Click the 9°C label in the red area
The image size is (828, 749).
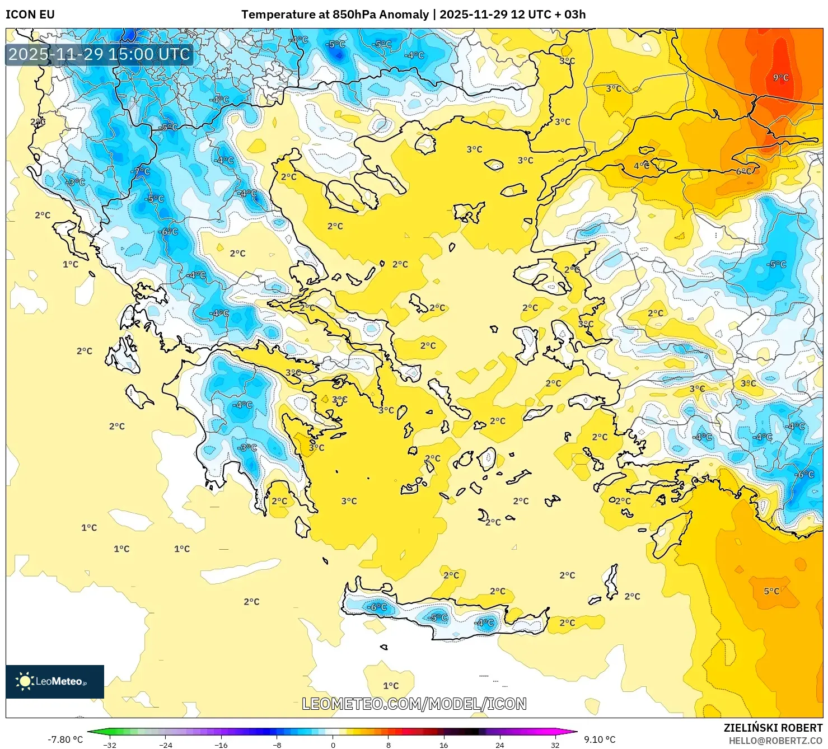[780, 78]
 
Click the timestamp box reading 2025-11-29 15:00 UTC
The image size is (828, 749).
[99, 54]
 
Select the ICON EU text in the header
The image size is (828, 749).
[30, 15]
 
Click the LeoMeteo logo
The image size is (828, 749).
[55, 681]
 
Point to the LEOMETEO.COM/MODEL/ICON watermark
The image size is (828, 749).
[414, 704]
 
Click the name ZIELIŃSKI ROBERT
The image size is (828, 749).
[773, 728]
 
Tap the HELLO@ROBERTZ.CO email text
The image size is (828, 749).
[775, 741]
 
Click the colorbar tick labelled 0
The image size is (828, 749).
[333, 745]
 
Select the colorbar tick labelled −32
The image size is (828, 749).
[110, 745]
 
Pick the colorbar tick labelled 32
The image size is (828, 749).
[555, 745]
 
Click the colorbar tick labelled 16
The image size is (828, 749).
[443, 745]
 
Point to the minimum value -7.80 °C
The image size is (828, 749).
[65, 739]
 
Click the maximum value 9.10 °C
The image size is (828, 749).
[600, 739]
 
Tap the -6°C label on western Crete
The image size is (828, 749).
[377, 607]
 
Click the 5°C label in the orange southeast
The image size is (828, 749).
[771, 591]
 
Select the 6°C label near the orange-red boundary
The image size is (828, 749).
[743, 171]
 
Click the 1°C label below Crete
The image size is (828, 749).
[391, 686]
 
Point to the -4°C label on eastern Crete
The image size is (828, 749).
[485, 622]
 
